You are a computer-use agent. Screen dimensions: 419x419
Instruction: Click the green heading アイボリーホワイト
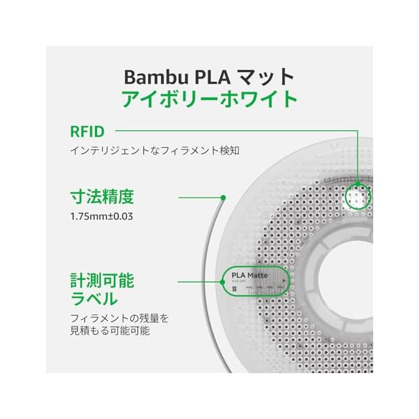[209, 100]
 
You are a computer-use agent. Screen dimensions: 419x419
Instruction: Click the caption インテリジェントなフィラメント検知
[155, 151]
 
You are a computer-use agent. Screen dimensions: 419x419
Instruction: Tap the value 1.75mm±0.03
[101, 215]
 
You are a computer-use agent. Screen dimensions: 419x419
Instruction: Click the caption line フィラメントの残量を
[119, 319]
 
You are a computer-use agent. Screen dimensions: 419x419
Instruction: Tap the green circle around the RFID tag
[359, 196]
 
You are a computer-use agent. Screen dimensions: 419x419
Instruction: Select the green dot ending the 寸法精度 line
[223, 196]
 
